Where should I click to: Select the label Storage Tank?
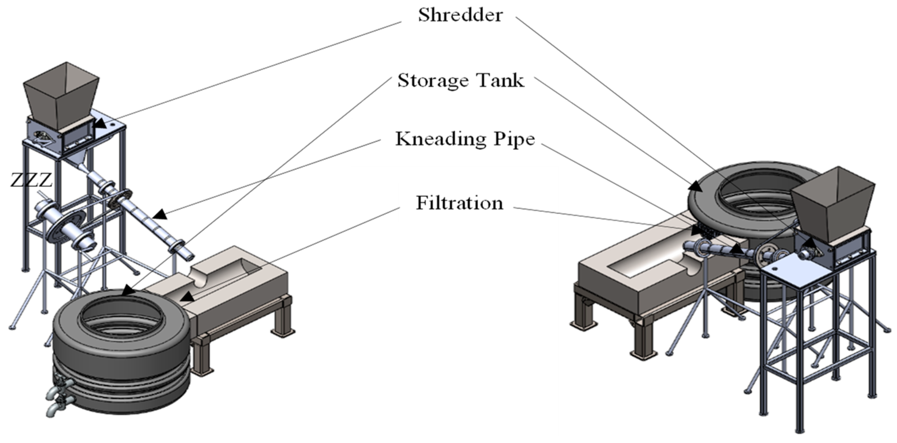click(461, 81)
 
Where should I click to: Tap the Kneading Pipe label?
click(465, 139)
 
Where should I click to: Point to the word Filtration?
click(460, 203)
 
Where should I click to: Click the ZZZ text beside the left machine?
click(31, 180)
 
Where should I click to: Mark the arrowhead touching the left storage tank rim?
click(128, 290)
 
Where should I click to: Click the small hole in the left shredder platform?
click(113, 125)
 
